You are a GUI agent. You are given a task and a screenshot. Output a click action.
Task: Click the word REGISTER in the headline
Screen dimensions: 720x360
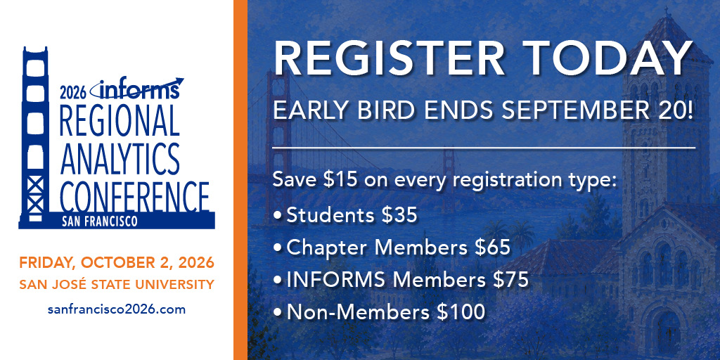tap(389, 58)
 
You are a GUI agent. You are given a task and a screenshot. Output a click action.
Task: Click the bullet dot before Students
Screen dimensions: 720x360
tap(277, 215)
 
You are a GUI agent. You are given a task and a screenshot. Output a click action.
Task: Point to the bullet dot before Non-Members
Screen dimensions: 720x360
tap(277, 313)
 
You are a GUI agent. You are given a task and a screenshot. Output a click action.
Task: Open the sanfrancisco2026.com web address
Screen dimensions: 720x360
tap(117, 309)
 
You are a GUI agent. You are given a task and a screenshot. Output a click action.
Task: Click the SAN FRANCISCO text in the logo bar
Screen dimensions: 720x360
tap(100, 221)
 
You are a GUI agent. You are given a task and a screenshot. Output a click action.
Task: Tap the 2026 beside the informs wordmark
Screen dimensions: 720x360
tap(73, 94)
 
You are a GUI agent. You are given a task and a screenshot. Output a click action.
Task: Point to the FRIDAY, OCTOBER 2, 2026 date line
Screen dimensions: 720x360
tap(117, 263)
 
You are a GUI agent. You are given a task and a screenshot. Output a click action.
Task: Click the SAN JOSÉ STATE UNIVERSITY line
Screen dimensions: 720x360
tap(117, 285)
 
